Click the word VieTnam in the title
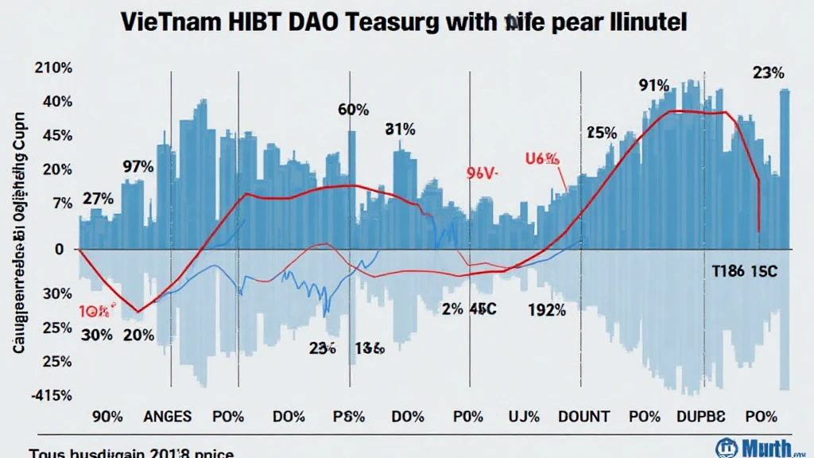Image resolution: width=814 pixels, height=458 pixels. (x=171, y=21)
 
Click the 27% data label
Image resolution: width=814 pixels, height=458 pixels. (x=98, y=198)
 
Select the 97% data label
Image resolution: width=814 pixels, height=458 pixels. (x=138, y=167)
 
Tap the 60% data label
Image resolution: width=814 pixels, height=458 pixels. (x=353, y=111)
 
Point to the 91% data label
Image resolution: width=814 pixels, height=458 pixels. (x=653, y=86)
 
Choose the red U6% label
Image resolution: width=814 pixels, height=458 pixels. (x=543, y=159)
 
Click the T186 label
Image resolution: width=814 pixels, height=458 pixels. (x=727, y=270)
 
